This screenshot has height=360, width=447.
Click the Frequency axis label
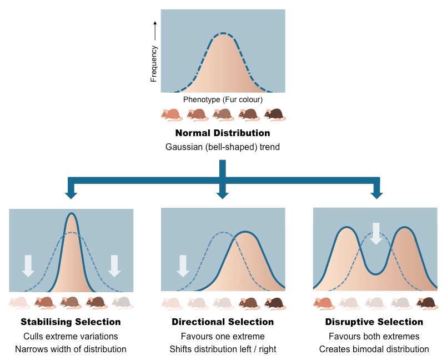coord(154,64)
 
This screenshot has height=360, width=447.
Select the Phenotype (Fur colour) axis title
coord(223,100)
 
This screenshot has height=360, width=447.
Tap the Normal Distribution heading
coord(223,133)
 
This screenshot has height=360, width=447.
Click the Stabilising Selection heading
coord(71,322)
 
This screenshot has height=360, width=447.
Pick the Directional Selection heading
coord(223,322)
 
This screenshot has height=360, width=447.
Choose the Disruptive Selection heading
coord(374,322)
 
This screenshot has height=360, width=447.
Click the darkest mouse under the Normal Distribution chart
coord(274,114)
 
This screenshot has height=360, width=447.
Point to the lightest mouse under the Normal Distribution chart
coord(171,114)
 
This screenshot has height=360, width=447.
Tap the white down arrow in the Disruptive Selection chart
coord(376,233)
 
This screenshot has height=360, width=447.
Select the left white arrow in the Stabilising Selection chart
coord(28,266)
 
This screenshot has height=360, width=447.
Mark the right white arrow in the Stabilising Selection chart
coord(114,266)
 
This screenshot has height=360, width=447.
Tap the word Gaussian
coord(183,148)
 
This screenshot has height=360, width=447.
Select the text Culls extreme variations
coord(71,337)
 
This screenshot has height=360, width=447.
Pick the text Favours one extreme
coord(223,337)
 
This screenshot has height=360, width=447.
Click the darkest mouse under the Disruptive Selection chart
coord(426,303)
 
